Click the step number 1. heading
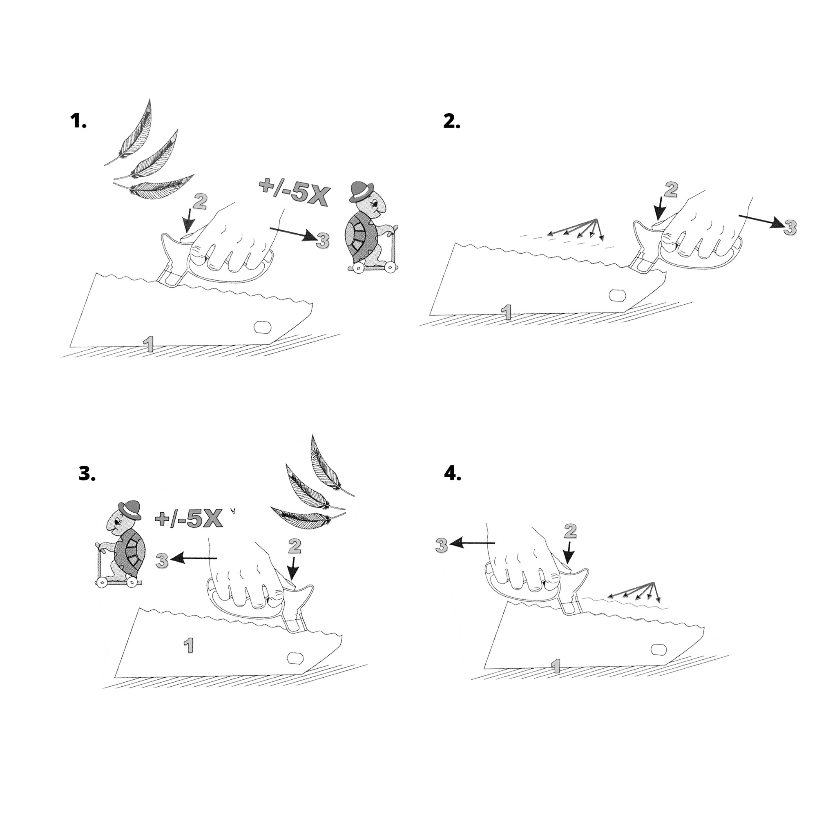coord(78,122)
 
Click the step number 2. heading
coord(452,122)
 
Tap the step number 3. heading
coord(87,474)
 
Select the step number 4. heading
coord(453,474)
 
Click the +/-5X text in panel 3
coord(189,519)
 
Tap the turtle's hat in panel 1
coord(362,191)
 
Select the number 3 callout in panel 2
coord(789,228)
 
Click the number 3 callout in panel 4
coord(442,545)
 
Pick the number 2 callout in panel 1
coord(200,203)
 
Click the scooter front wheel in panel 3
coord(101,583)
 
